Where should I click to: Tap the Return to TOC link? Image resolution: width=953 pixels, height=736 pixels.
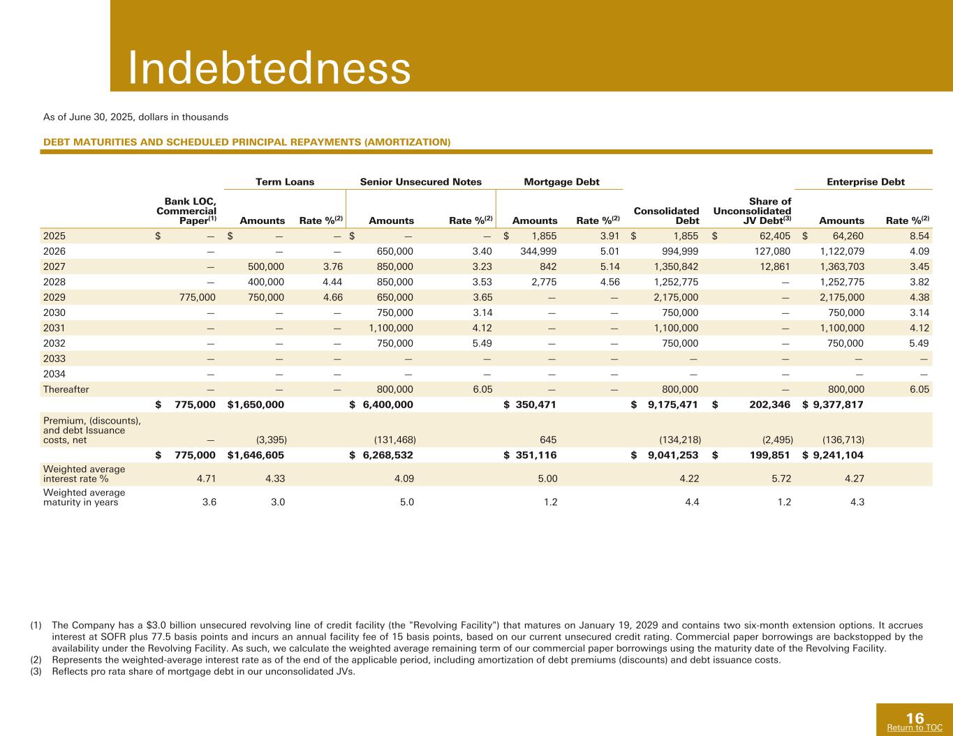pyautogui.click(x=914, y=728)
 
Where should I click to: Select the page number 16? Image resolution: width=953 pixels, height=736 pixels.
pyautogui.click(x=915, y=717)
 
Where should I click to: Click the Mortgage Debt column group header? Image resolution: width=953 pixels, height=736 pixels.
pyautogui.click(x=561, y=182)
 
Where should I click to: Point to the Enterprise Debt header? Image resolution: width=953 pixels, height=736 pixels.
pyautogui.click(x=866, y=182)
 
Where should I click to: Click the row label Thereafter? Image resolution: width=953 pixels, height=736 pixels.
pyautogui.click(x=66, y=389)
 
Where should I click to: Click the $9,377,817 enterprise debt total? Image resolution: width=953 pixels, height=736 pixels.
pyautogui.click(x=834, y=404)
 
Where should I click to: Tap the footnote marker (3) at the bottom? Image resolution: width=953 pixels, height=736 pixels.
pyautogui.click(x=36, y=672)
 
